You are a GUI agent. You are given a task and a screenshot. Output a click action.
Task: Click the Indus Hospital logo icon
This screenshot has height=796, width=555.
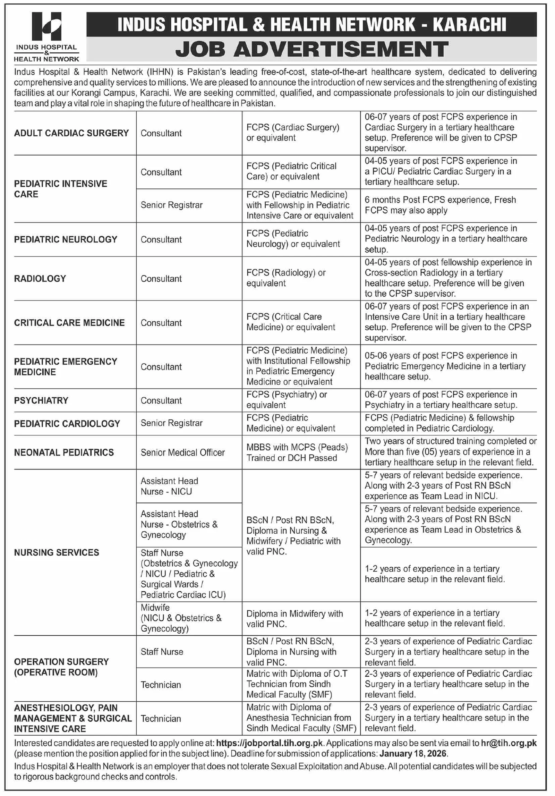pyautogui.click(x=46, y=26)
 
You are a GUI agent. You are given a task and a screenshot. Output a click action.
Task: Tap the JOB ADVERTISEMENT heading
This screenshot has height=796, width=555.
pyautogui.click(x=311, y=49)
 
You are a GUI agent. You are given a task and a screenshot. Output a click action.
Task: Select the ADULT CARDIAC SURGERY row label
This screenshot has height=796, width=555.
pyautogui.click(x=71, y=133)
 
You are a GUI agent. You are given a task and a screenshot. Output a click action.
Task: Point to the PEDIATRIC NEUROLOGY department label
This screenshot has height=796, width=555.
pyautogui.click(x=66, y=239)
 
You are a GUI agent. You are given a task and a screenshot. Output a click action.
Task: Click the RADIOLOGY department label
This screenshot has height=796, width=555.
pyautogui.click(x=40, y=279)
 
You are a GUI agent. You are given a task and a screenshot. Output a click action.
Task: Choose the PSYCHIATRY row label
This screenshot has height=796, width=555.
pyautogui.click(x=41, y=400)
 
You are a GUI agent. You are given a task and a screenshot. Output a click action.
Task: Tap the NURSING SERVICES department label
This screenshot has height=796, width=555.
pyautogui.click(x=57, y=552)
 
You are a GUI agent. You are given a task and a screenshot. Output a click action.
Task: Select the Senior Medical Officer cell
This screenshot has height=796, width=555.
pyautogui.click(x=182, y=452)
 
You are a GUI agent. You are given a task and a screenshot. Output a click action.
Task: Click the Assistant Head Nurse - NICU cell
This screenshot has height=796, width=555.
pyautogui.click(x=169, y=486)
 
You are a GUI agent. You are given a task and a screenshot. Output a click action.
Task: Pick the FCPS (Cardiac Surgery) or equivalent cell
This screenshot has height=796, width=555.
pyautogui.click(x=292, y=133)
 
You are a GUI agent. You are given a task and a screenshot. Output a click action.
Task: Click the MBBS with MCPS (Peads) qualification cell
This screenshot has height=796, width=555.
pyautogui.click(x=297, y=452)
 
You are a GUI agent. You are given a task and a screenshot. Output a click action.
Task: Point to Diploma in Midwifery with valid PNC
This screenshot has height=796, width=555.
pyautogui.click(x=294, y=619)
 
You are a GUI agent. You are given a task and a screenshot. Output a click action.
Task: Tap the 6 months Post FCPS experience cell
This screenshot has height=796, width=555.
pyautogui.click(x=440, y=205)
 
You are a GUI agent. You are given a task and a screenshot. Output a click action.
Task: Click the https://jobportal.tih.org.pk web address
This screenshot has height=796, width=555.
pyautogui.click(x=269, y=743)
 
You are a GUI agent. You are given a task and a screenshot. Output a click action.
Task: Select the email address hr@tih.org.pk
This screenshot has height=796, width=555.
pyautogui.click(x=509, y=743)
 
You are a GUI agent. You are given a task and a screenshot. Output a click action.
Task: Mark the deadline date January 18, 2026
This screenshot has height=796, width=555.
pyautogui.click(x=412, y=754)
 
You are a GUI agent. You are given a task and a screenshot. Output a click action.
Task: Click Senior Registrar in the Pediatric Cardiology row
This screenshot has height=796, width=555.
pyautogui.click(x=171, y=423)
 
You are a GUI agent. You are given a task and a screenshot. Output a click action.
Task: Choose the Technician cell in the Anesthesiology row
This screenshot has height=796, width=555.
pyautogui.click(x=161, y=719)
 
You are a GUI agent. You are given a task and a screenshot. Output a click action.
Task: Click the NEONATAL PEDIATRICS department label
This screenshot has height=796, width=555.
pyautogui.click(x=64, y=452)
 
